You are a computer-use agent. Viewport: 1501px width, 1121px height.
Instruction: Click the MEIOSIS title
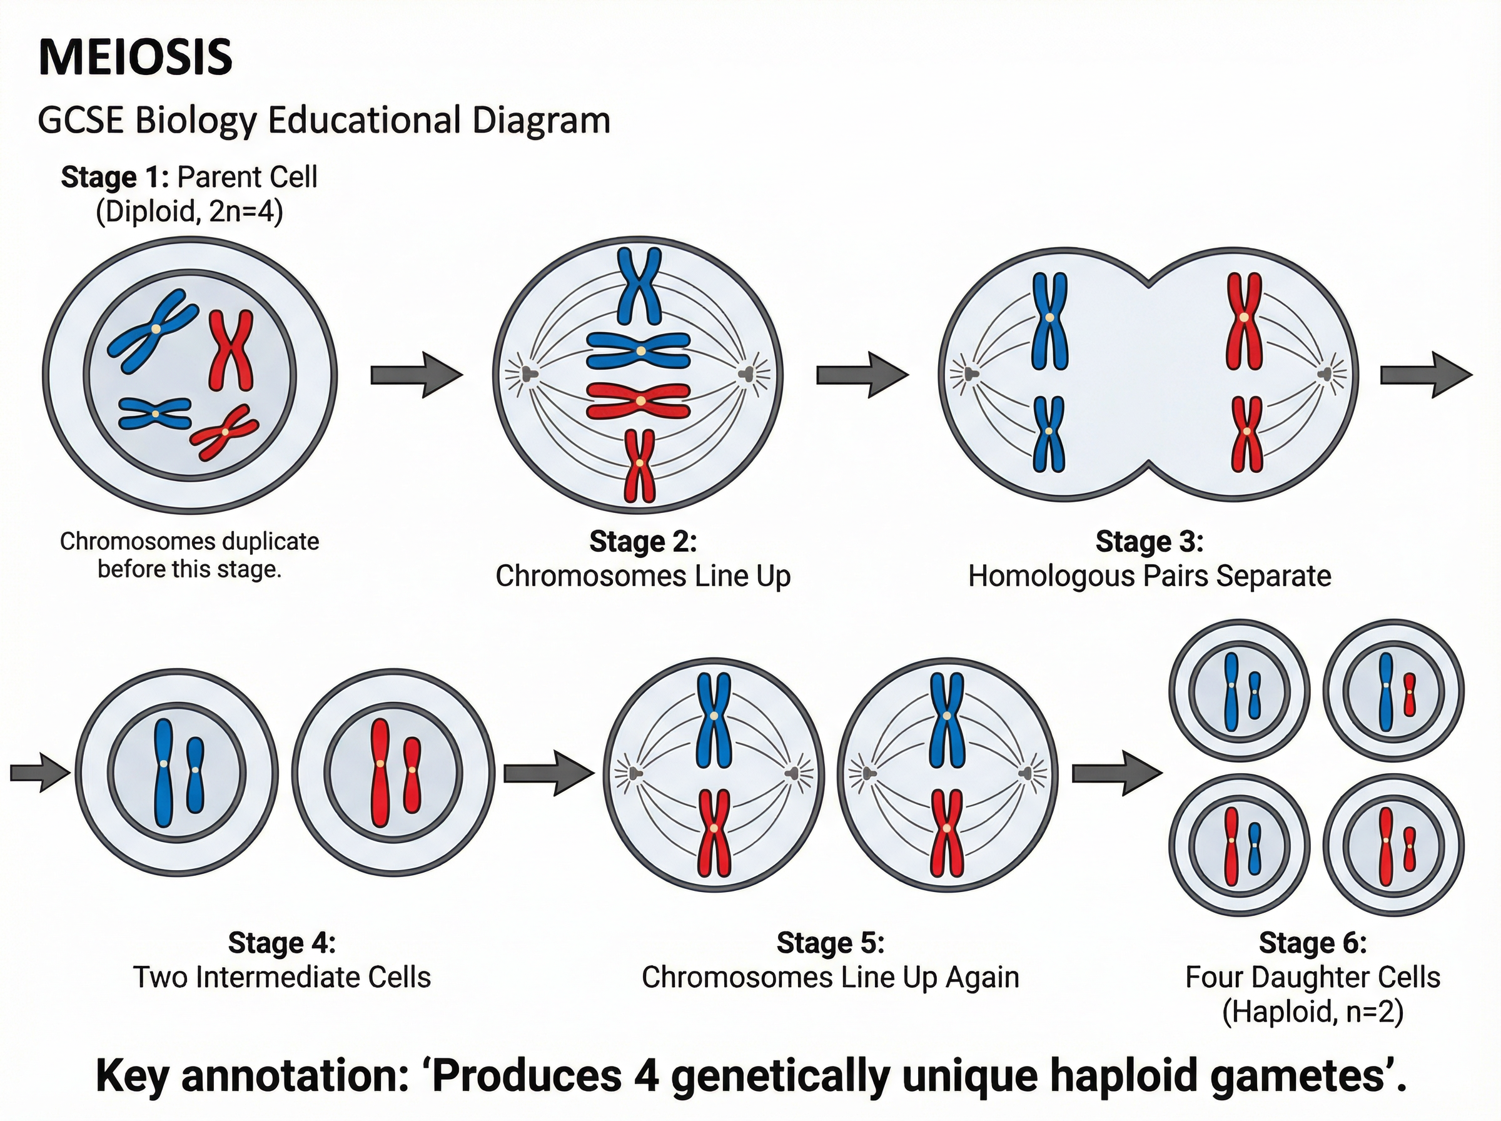136,58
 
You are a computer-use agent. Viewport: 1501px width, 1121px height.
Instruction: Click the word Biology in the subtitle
195,121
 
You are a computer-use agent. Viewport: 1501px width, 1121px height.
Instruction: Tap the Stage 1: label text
114,177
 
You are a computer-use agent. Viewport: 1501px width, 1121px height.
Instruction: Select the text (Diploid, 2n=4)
190,211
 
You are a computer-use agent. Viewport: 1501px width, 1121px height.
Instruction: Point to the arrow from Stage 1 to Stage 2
416,374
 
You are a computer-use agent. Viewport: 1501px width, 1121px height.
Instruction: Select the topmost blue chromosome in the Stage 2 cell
639,287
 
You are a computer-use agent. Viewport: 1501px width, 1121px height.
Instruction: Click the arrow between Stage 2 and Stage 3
861,374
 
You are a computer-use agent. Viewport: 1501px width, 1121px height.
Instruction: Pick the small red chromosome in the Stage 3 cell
1246,434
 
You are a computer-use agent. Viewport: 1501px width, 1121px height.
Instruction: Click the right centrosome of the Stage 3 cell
1325,374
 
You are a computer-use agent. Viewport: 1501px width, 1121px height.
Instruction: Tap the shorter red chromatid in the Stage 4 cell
412,775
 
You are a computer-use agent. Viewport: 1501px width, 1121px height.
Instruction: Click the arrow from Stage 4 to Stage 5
548,772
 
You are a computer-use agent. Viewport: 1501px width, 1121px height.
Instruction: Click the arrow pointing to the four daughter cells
1116,772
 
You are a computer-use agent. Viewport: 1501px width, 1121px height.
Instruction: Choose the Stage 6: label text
1313,943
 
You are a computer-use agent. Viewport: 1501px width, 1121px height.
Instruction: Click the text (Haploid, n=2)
1313,1012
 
